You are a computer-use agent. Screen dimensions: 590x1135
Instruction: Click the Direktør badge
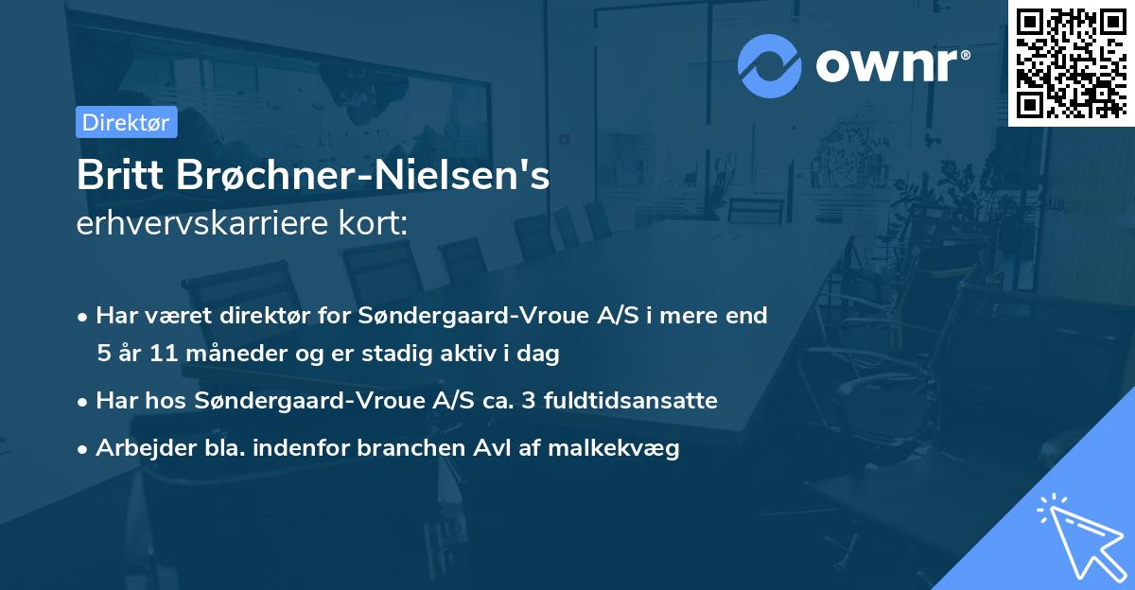(126, 122)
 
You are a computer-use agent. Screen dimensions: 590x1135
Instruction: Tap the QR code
(1070, 62)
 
